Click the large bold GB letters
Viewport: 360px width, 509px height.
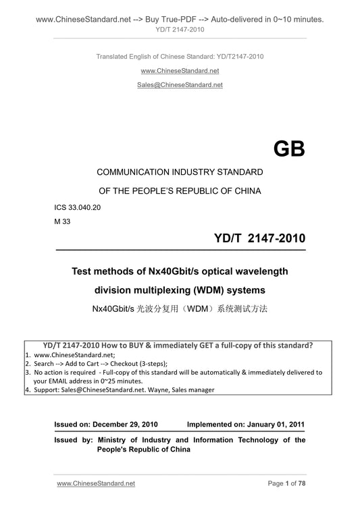[288, 150]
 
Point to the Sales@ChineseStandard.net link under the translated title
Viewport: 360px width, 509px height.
[180, 85]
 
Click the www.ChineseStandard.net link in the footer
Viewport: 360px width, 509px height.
[97, 483]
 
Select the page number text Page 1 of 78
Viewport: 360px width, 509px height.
[286, 483]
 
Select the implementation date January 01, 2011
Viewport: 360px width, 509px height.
[278, 425]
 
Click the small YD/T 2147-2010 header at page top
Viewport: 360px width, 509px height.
[180, 30]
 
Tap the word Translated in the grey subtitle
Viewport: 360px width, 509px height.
[112, 56]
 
